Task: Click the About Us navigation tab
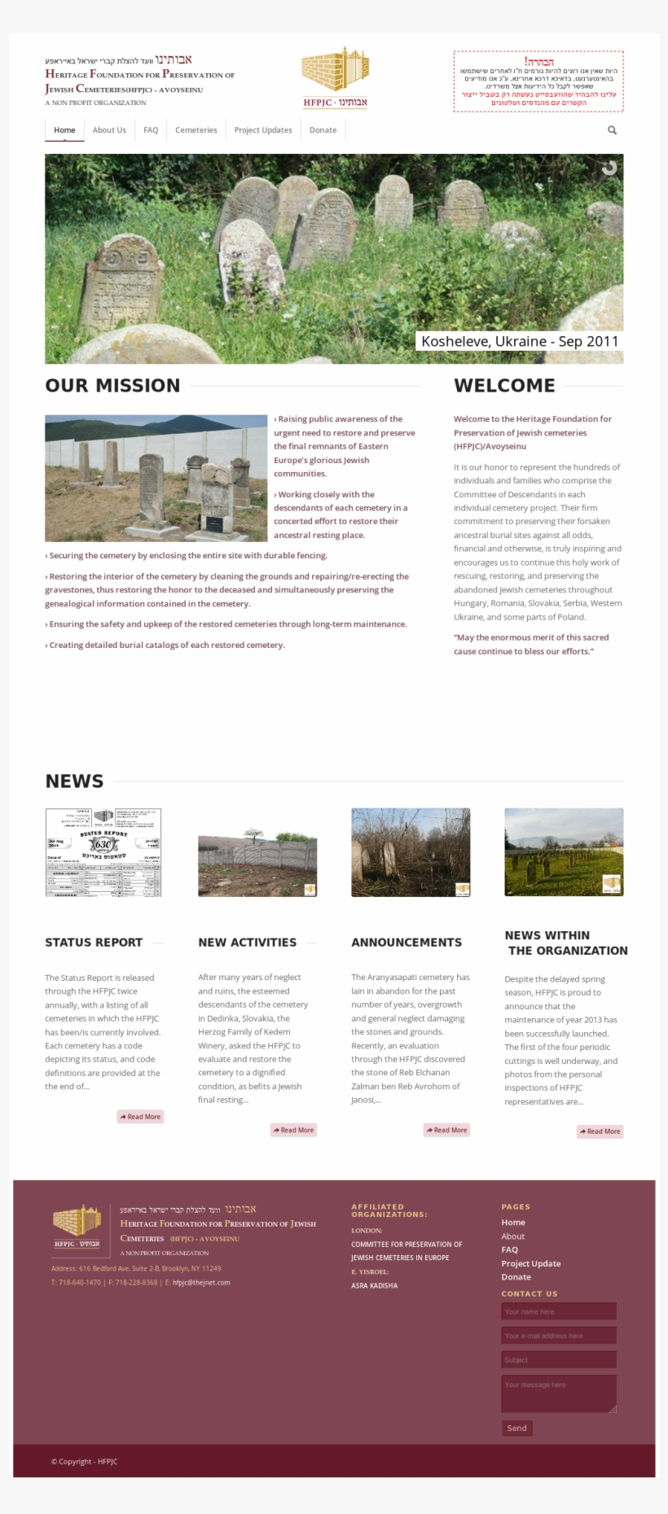pos(109,130)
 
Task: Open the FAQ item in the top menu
pos(151,130)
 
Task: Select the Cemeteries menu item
pos(196,130)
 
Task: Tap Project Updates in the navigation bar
pos(263,130)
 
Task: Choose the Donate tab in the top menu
pos(323,130)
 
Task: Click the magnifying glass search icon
pos(612,130)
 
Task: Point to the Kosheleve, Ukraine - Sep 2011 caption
pos(520,341)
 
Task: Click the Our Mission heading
pos(112,386)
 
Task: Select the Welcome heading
pos(504,386)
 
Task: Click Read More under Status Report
pos(140,1117)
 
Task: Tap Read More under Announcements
pos(446,1130)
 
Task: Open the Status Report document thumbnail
pos(103,852)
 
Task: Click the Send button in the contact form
pos(516,1428)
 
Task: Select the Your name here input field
pos(558,1311)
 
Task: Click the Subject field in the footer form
pos(558,1359)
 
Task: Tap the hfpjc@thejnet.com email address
pos(201,1282)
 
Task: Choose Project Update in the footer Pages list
pos(531,1263)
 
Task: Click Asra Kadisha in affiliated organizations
pos(375,1285)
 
